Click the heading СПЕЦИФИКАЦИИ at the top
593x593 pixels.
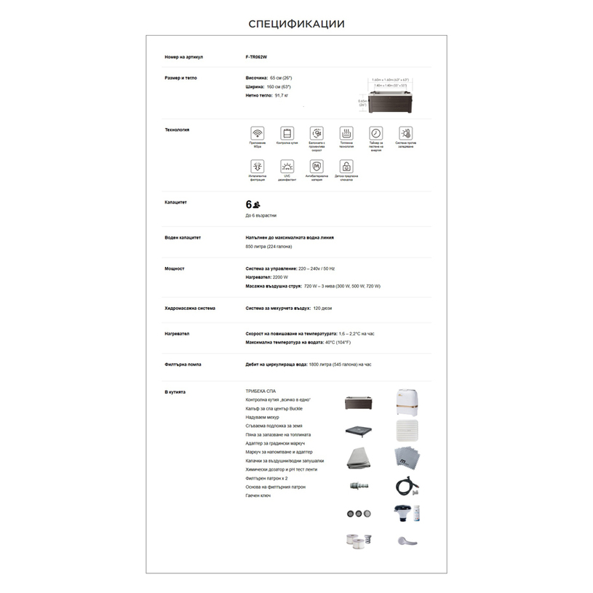[x=296, y=24]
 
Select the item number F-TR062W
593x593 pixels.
[x=257, y=57]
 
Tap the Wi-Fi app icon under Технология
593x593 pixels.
[x=257, y=133]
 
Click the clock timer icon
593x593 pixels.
[x=375, y=133]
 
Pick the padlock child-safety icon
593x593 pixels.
[x=346, y=167]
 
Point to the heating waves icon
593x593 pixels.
[x=346, y=133]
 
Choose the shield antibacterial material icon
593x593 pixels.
[x=317, y=167]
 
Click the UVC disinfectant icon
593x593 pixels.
[x=287, y=167]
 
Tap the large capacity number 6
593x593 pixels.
[x=249, y=204]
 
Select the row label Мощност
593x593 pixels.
[x=175, y=268]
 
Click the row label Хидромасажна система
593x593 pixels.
[x=190, y=308]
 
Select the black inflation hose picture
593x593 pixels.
[x=405, y=486]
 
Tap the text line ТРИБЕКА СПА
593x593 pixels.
[x=260, y=391]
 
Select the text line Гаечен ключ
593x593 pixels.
[x=258, y=496]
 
